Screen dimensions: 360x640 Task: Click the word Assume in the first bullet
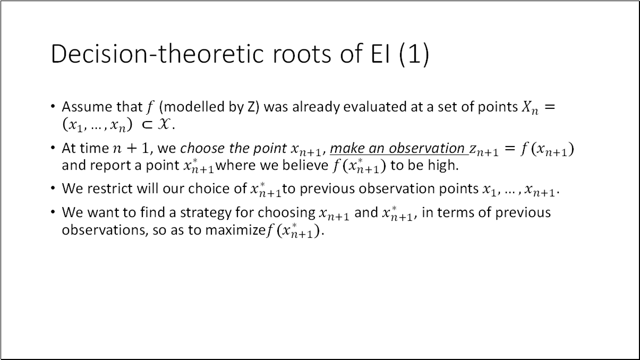coord(82,107)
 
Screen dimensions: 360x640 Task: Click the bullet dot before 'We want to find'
coord(53,212)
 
